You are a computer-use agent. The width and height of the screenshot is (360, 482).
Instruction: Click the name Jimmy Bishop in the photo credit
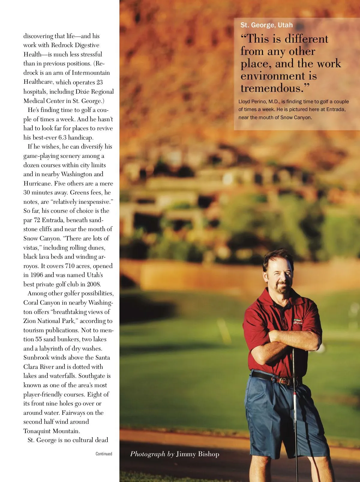[x=197, y=454]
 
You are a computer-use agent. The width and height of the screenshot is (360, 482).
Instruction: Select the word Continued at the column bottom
[x=104, y=454]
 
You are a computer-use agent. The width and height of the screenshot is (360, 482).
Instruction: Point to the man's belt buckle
[x=285, y=381]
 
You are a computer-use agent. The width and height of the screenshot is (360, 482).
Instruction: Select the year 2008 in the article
[x=94, y=284]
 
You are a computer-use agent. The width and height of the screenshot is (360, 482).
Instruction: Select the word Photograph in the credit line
[x=148, y=454]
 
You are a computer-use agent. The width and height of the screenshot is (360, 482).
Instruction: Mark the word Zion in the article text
[x=30, y=321]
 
